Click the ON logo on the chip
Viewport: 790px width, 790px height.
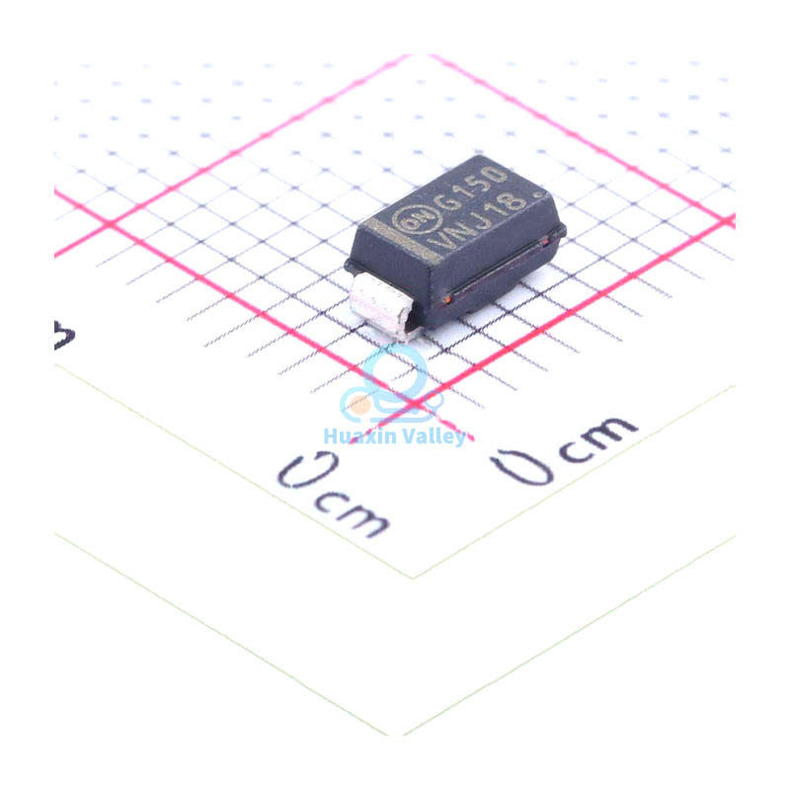[x=417, y=220]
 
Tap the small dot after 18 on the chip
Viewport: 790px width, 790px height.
[x=538, y=195]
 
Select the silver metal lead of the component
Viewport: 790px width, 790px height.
[x=384, y=306]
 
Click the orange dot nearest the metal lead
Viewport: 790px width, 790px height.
[x=447, y=300]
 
